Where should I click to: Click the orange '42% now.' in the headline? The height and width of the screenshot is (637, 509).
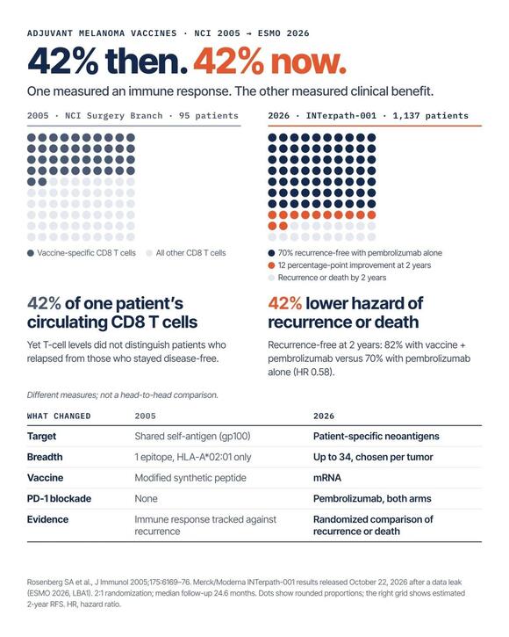pyautogui.click(x=270, y=62)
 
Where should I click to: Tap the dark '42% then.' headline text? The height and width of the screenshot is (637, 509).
pyautogui.click(x=108, y=62)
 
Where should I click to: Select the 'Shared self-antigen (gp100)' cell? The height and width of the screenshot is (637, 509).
pyautogui.click(x=192, y=437)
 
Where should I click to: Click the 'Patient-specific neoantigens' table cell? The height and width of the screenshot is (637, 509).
pyautogui.click(x=376, y=437)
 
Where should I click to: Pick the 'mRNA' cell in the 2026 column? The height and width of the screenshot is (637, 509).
pyautogui.click(x=326, y=478)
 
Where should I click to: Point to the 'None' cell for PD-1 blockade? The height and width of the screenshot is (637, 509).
pyautogui.click(x=147, y=498)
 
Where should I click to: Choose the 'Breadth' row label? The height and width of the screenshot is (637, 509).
pyautogui.click(x=45, y=457)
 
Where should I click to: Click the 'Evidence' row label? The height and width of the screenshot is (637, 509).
pyautogui.click(x=47, y=519)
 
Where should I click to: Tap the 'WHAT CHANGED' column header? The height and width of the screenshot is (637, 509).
pyautogui.click(x=59, y=416)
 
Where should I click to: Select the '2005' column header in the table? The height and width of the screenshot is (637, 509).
pyautogui.click(x=146, y=416)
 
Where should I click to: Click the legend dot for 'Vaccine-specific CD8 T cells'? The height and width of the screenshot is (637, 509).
pyautogui.click(x=31, y=253)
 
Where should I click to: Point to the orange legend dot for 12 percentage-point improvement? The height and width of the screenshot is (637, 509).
pyautogui.click(x=271, y=265)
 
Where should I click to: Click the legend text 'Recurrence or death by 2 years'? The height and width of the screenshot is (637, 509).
pyautogui.click(x=332, y=278)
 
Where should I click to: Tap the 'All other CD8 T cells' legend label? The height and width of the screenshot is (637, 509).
pyautogui.click(x=190, y=253)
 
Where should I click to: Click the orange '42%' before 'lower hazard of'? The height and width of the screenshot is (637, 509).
pyautogui.click(x=284, y=303)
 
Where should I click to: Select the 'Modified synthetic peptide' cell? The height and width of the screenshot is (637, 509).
pyautogui.click(x=190, y=478)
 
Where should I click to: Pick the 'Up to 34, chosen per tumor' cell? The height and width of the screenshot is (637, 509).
pyautogui.click(x=373, y=457)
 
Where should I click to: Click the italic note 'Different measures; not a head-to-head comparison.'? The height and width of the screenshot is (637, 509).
pyautogui.click(x=123, y=395)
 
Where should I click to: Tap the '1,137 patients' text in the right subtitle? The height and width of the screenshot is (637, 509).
pyautogui.click(x=430, y=116)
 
